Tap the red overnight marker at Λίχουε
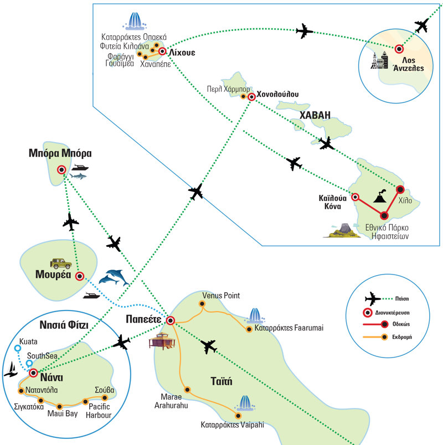[x=162, y=51]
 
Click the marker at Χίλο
[x=398, y=188]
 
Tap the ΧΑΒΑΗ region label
[x=315, y=115]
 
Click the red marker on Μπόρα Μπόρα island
[x=61, y=170]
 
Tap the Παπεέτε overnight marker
[x=171, y=320]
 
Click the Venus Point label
[x=221, y=296]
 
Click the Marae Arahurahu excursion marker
[x=187, y=390]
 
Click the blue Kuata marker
[x=17, y=349]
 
